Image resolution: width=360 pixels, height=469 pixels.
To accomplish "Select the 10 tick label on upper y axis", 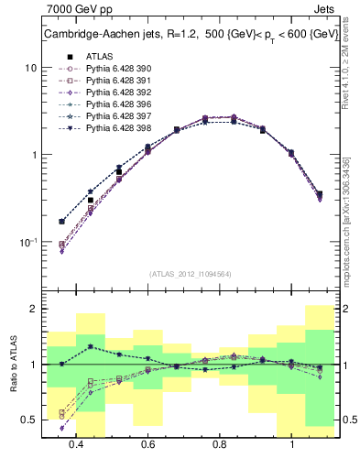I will pyautogui.click(x=30, y=69).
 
